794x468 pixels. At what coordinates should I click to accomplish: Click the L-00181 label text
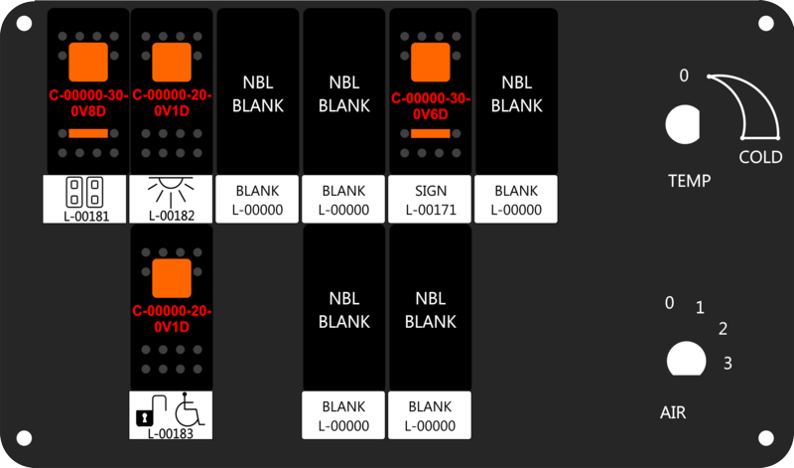(x=86, y=216)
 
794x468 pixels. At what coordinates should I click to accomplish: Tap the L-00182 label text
(x=172, y=216)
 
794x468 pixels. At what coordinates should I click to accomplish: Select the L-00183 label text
(x=171, y=433)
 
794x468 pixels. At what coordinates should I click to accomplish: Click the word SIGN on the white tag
(x=431, y=191)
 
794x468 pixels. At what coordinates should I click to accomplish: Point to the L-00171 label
(x=431, y=210)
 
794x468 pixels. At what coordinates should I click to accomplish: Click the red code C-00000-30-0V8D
(x=88, y=103)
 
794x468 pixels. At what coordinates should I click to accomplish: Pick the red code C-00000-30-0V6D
(x=431, y=106)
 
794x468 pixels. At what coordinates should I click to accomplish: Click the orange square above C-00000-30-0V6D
(x=431, y=63)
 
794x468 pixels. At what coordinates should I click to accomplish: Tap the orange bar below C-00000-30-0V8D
(x=88, y=133)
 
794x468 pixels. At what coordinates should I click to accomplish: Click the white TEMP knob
(x=682, y=124)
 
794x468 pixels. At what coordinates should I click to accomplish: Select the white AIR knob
(x=686, y=359)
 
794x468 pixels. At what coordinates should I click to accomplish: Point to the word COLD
(x=760, y=157)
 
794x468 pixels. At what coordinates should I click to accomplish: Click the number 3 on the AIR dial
(x=728, y=363)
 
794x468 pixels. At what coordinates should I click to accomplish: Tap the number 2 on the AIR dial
(x=724, y=329)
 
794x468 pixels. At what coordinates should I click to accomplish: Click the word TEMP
(x=689, y=181)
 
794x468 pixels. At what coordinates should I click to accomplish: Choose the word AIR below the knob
(x=673, y=412)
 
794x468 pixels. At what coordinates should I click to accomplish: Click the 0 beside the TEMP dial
(x=684, y=76)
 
